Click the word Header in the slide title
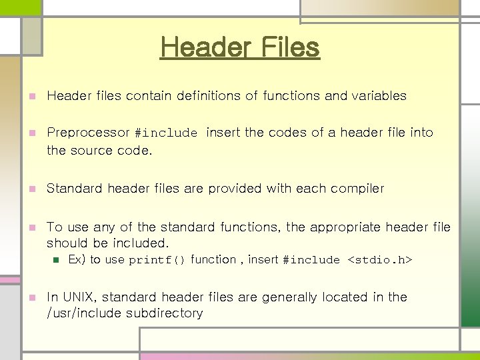click(198, 47)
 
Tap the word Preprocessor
click(88, 133)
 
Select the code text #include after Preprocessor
click(166, 133)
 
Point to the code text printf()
click(157, 260)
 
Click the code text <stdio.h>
click(380, 260)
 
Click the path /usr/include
click(84, 313)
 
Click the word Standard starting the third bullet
click(73, 189)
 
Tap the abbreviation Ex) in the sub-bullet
click(77, 259)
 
